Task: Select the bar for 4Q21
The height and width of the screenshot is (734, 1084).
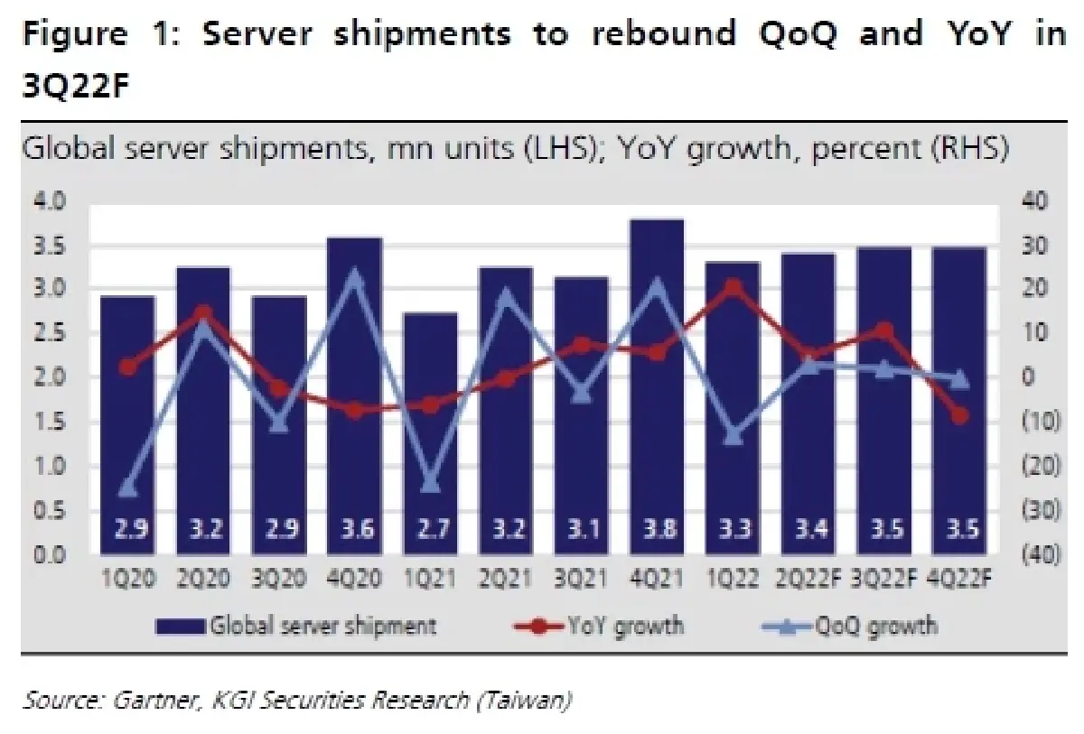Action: [x=658, y=388]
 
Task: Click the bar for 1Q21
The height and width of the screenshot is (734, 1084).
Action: [x=430, y=433]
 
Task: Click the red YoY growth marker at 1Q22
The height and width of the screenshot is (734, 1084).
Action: [x=733, y=287]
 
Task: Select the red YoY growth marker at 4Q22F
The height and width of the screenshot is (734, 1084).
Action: [x=959, y=415]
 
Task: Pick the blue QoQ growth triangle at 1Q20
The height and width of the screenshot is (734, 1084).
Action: [x=127, y=488]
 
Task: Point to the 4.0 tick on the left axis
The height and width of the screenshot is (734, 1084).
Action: [x=52, y=200]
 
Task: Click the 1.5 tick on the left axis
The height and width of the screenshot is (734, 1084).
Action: [x=52, y=423]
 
